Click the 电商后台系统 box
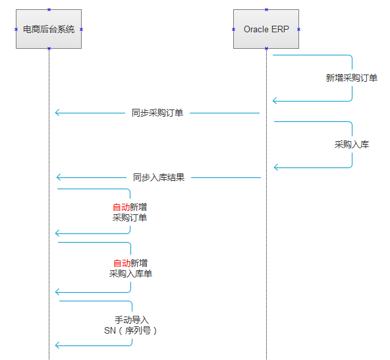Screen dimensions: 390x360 coord(49,29)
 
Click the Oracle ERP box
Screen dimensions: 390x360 coord(266,29)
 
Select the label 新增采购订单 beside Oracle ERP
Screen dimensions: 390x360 coord(351,78)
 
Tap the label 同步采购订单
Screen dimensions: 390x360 coord(157,113)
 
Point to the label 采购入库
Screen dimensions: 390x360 coord(352,144)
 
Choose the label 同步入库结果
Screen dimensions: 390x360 coord(159,177)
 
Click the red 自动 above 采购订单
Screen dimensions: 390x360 coord(121,207)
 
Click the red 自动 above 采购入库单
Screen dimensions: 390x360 coord(122,263)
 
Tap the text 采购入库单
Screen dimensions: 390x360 coord(130,274)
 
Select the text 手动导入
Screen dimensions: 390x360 coord(132,320)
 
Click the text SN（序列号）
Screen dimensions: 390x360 coord(130,330)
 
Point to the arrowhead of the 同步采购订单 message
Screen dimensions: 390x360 coord(57,113)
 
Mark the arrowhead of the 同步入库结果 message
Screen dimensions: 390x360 coord(59,177)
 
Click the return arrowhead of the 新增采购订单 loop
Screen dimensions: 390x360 coord(275,101)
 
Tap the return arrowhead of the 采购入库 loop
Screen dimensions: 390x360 coord(276,167)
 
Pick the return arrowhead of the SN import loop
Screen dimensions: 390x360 coord(57,345)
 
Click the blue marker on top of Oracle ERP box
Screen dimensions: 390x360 coord(266,9)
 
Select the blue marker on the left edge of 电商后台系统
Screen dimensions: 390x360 coord(16,30)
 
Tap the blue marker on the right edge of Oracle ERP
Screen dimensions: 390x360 coord(298,30)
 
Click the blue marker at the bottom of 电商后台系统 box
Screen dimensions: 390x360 coord(49,48)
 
